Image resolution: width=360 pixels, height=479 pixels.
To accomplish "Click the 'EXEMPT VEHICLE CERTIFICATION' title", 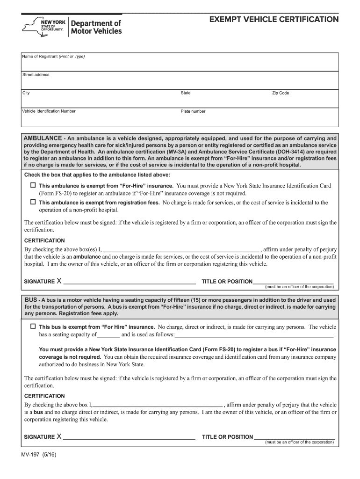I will click(274, 20).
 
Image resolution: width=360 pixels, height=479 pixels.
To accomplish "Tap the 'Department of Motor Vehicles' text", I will click(96, 27).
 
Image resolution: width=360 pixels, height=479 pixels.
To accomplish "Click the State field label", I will click(186, 93).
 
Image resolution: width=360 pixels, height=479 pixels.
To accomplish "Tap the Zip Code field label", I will click(281, 93).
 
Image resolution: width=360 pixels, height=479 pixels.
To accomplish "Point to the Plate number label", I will click(193, 111).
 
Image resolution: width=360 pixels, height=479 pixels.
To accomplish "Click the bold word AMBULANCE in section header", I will click(43, 138).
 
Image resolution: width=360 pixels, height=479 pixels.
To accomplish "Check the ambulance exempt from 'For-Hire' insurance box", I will click(33, 185).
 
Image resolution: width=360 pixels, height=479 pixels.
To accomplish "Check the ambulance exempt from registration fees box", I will click(33, 202).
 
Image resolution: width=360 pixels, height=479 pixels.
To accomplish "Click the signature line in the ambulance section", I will click(130, 283).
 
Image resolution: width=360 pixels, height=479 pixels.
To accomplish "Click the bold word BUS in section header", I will click(30, 299).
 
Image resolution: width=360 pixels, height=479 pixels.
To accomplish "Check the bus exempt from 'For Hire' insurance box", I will click(33, 326).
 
